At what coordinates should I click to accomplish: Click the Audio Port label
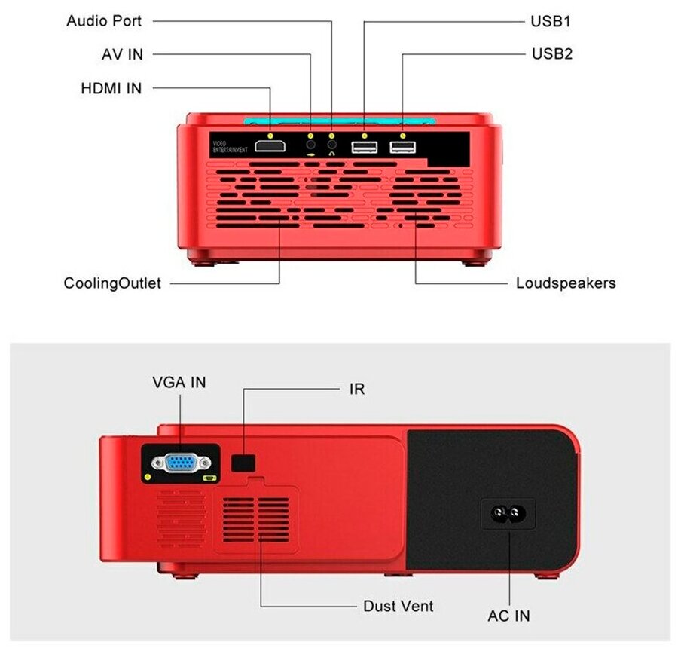(104, 20)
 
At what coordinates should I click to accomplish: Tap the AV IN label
(122, 54)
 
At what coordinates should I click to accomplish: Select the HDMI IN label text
(111, 88)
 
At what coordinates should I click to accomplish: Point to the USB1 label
(551, 21)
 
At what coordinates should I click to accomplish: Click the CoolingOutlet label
(112, 284)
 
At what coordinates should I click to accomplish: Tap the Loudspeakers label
(566, 283)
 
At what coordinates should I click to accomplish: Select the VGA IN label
(179, 383)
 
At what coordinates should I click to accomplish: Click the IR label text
(357, 390)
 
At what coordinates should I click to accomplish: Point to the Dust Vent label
(398, 606)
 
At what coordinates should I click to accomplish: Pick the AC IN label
(508, 616)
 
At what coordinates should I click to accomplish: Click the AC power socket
(508, 515)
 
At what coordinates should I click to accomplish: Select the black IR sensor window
(243, 463)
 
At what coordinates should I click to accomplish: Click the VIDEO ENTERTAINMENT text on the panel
(230, 147)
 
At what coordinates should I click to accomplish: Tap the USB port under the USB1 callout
(365, 148)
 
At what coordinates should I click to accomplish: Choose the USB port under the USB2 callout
(402, 147)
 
